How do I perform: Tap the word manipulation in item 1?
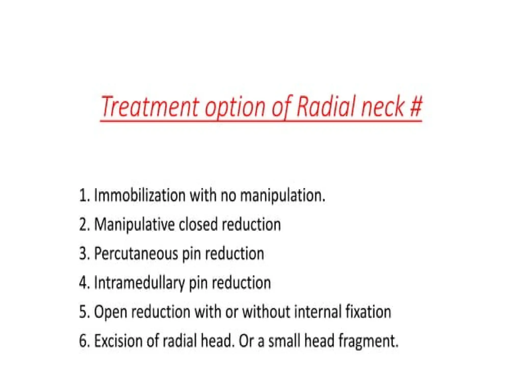pos(283,196)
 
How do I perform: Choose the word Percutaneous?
pos(136,254)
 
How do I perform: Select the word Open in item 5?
pos(110,312)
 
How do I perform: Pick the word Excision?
pos(118,341)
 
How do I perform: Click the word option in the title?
pos(235,107)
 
